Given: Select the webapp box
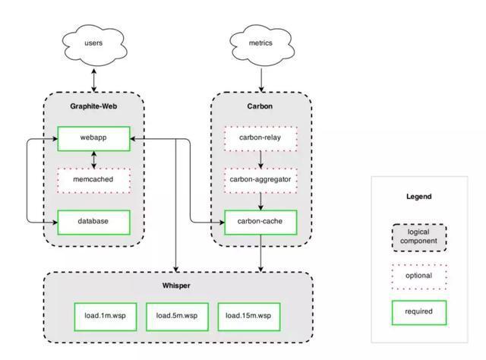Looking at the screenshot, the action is (93, 138).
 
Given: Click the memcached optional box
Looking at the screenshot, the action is (93, 181).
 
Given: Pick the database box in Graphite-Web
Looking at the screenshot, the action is (93, 222).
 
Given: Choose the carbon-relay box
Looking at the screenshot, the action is (260, 138).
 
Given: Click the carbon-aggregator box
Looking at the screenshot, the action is (260, 181).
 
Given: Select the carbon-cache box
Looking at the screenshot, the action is (260, 222).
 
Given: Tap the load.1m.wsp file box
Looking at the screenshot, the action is (106, 317).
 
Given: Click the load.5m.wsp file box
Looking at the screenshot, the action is (177, 317).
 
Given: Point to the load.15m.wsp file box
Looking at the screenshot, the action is (249, 317).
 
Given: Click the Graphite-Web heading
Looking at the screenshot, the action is (93, 106).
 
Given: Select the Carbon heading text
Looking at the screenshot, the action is (260, 106).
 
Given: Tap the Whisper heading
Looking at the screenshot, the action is (176, 286).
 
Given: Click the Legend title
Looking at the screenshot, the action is (419, 197).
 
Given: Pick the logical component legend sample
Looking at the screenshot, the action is (419, 238).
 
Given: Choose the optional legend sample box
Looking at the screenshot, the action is (419, 276).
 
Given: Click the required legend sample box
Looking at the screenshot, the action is (419, 312).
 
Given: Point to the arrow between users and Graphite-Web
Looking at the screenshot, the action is (94, 81).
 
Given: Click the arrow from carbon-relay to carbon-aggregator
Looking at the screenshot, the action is (260, 159).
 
